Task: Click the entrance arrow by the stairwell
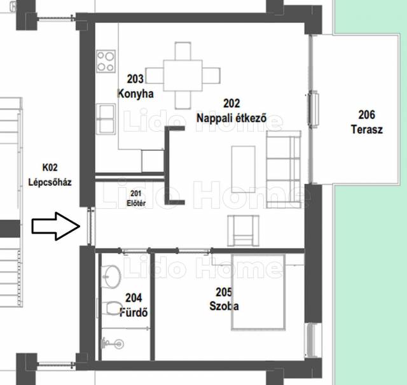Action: tap(56, 227)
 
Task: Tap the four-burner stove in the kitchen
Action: tap(106, 62)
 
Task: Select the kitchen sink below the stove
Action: tap(106, 119)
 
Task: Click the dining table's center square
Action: tap(183, 75)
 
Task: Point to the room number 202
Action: tap(231, 103)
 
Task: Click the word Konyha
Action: tap(135, 94)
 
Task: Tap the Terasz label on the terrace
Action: tap(367, 129)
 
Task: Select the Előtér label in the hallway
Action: tap(136, 203)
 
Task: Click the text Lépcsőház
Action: tap(50, 182)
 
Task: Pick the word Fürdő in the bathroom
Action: tap(134, 312)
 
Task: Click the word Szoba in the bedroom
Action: tap(224, 306)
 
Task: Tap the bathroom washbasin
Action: tap(112, 276)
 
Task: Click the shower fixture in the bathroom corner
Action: tap(112, 344)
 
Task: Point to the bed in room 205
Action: tap(258, 292)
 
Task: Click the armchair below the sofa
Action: tap(243, 231)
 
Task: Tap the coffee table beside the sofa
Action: tap(243, 169)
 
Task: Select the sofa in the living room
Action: tap(284, 169)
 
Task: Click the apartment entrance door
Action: tap(91, 227)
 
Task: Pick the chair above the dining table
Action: tap(183, 51)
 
